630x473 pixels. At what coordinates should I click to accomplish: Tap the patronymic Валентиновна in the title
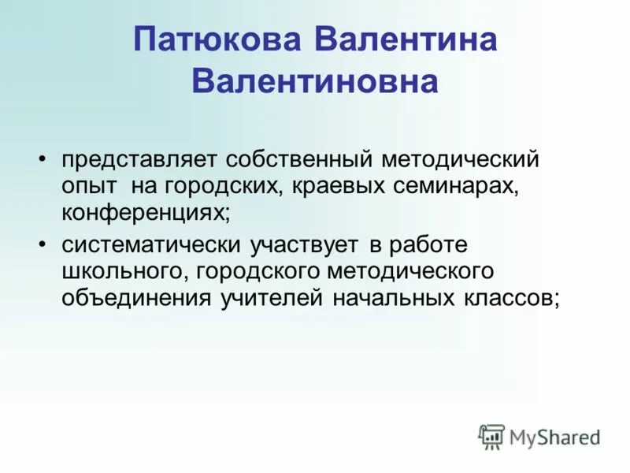tap(315, 81)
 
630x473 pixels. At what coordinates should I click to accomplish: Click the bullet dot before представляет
tap(43, 158)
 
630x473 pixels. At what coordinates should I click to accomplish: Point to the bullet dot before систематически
tap(43, 244)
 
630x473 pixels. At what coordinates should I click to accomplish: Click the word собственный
tap(298, 160)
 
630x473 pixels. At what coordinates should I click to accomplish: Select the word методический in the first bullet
tap(461, 160)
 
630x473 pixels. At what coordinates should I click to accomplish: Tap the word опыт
tap(86, 186)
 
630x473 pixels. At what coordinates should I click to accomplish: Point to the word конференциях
tap(146, 213)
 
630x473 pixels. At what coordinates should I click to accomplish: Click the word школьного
tap(125, 272)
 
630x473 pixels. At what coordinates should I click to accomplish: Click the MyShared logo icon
tap(491, 437)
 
